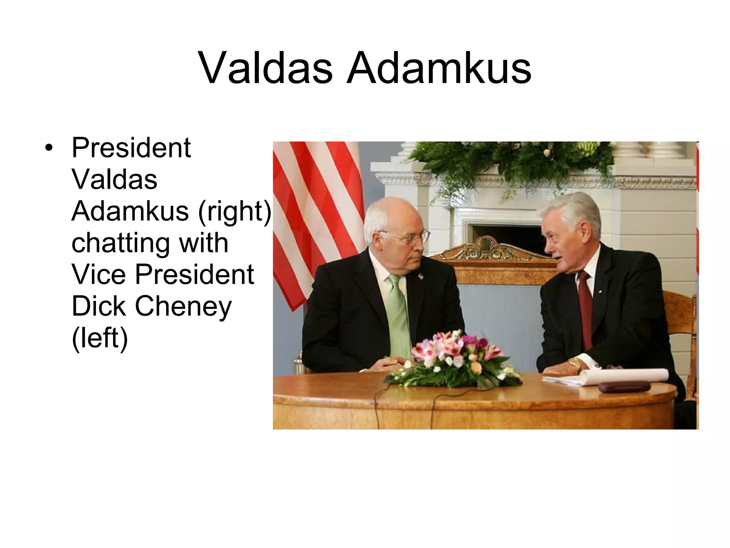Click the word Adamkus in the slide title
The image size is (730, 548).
click(439, 68)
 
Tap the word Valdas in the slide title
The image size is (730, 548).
click(265, 68)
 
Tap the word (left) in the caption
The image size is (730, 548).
click(99, 338)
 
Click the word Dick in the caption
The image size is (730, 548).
click(98, 306)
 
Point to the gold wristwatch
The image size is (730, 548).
click(575, 364)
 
